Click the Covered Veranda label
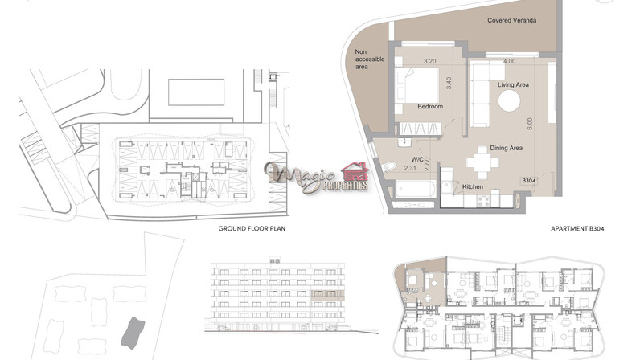(511, 20)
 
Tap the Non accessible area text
(369, 59)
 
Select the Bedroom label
(430, 107)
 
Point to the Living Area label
(513, 85)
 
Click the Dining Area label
(506, 148)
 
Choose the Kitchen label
(473, 186)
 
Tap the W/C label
(417, 160)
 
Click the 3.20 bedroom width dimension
(430, 61)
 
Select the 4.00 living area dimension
(510, 61)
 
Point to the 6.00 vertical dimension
(530, 124)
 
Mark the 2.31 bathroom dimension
(410, 168)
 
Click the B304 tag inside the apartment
(529, 181)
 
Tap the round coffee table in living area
(510, 100)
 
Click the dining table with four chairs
(482, 162)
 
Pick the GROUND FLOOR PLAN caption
(252, 228)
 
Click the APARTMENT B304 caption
(577, 228)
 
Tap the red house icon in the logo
(355, 171)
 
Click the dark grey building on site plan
(133, 333)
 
